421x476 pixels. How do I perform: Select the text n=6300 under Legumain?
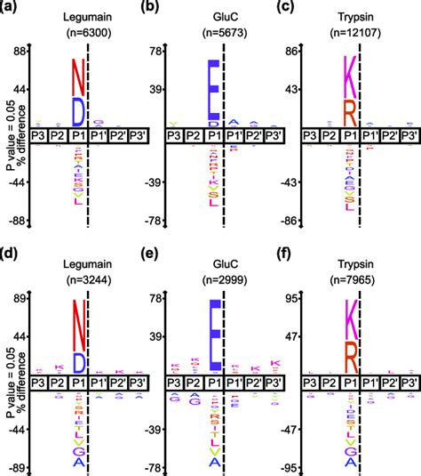(77, 34)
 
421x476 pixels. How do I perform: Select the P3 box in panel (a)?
(38, 135)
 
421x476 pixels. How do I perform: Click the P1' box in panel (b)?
(233, 135)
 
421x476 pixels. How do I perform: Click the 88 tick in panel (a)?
(17, 52)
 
